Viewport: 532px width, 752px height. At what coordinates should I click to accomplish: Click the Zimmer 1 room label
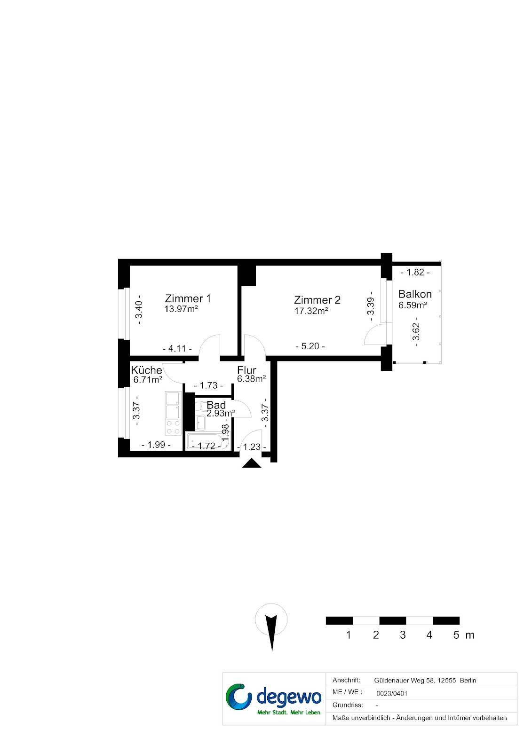(188, 298)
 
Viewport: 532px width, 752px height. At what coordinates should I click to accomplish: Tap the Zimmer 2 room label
(317, 300)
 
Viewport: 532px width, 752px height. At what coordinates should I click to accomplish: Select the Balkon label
(415, 294)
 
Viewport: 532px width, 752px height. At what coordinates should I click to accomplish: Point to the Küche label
(147, 370)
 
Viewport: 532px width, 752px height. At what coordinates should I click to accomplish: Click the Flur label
(246, 370)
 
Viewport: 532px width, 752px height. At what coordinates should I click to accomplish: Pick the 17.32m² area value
(311, 311)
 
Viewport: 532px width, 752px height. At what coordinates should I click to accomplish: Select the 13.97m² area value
(181, 309)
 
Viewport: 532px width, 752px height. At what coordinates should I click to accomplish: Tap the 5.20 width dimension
(310, 346)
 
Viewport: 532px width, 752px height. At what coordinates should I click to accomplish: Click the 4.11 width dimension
(177, 348)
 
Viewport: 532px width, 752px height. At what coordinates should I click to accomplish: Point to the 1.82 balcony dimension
(415, 272)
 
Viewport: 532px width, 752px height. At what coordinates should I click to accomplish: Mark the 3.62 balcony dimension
(416, 331)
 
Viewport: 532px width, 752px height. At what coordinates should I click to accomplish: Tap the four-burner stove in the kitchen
(173, 427)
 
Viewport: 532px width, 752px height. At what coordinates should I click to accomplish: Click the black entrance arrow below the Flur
(252, 463)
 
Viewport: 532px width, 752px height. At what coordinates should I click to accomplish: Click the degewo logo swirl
(238, 697)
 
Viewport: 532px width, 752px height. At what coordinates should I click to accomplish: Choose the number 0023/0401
(392, 694)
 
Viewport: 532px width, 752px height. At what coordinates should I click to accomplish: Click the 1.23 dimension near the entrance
(252, 447)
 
